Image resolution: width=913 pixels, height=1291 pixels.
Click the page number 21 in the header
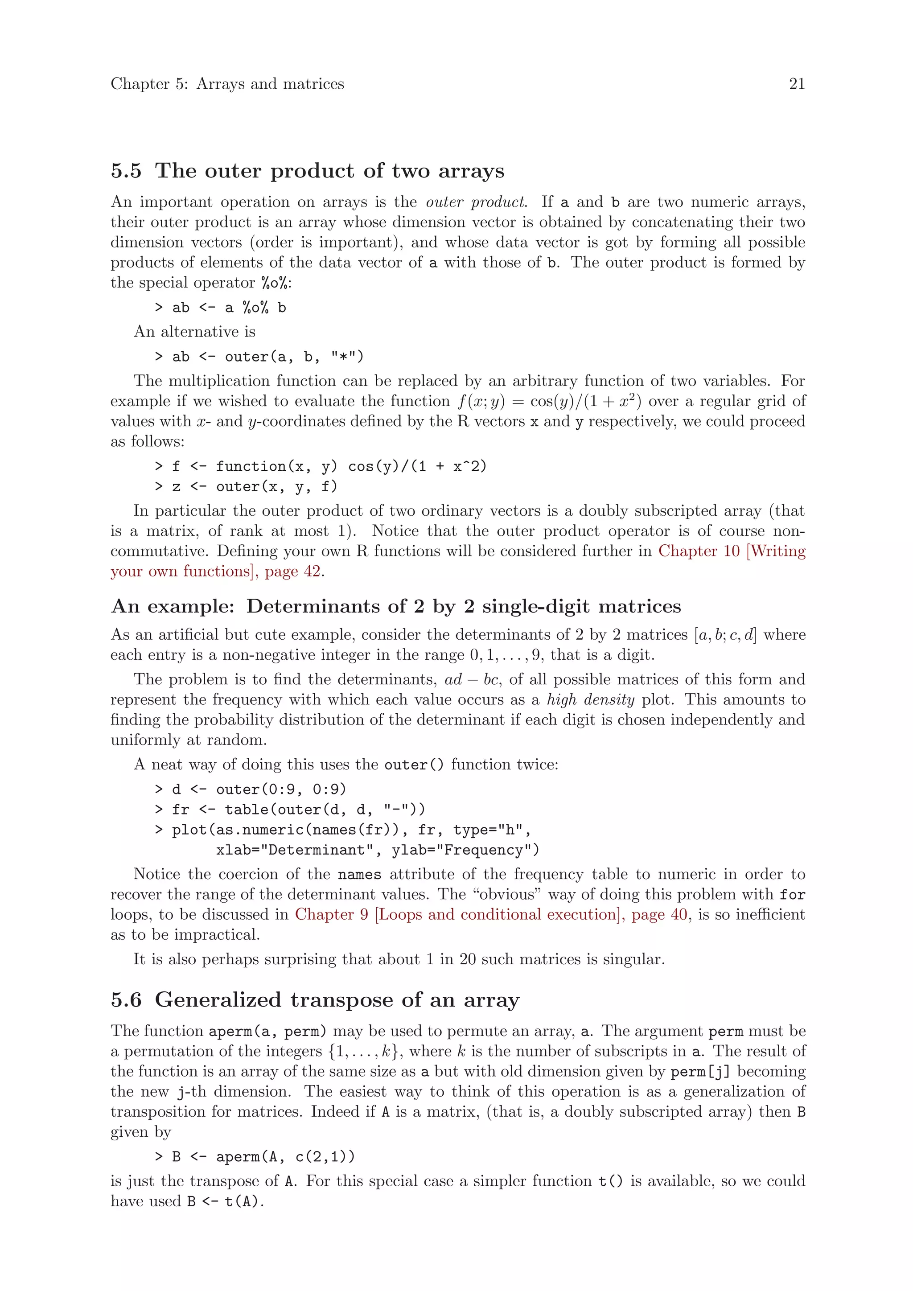pos(797,84)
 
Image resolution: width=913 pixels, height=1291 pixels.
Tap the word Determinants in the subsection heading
pos(312,606)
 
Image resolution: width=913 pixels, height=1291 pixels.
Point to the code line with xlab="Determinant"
pos(377,850)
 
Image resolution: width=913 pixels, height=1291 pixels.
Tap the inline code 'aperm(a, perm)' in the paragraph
pos(267,1031)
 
